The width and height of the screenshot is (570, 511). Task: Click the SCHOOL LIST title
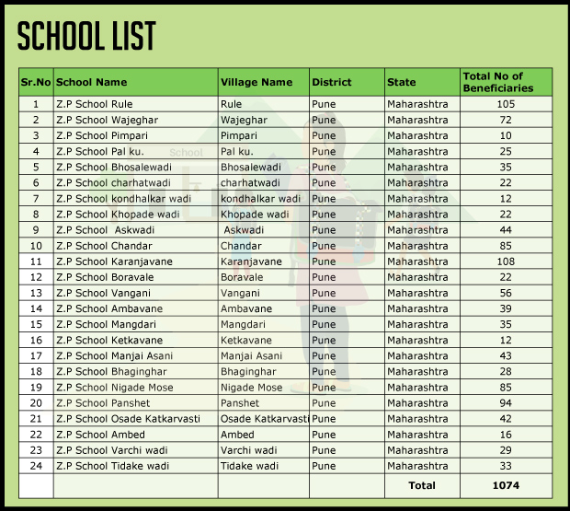coord(86,36)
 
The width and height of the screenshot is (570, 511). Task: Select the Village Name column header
coord(256,82)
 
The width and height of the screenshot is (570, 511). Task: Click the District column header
coord(332,82)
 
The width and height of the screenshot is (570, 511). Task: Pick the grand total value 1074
coord(507,484)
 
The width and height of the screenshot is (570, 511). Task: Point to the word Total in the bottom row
coord(422,484)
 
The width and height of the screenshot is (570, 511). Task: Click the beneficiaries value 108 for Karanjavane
coord(505,261)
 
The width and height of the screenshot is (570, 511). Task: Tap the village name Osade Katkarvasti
coord(263,419)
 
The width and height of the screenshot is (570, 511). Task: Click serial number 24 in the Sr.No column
coord(36,466)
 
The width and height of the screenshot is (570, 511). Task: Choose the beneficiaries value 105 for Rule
coord(505,104)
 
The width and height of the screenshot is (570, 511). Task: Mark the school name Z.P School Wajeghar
coord(107,120)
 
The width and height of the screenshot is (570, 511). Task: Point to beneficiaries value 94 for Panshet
coord(505,403)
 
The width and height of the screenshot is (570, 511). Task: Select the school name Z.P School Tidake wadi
coord(112,466)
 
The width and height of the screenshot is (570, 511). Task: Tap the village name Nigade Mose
coord(251,388)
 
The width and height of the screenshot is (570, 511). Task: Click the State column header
coord(402,82)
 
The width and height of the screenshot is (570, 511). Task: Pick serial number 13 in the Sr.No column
coord(36,293)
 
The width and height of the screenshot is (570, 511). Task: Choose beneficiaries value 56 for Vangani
coord(505,293)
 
